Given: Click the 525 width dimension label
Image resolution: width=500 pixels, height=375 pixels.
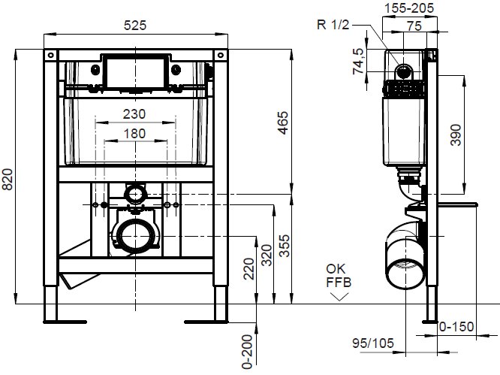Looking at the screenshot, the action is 135,26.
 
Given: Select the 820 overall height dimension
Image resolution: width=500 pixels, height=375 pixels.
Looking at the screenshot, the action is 8,180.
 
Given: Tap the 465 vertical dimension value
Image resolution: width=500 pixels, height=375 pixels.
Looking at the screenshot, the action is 283,123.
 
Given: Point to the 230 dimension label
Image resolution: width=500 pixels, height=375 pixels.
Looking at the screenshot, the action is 134,114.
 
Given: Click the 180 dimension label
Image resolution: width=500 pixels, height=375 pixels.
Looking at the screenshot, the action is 134,134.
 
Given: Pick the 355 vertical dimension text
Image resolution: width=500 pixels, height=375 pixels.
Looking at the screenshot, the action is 285,246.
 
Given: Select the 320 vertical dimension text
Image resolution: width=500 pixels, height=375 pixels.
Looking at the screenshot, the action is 267,256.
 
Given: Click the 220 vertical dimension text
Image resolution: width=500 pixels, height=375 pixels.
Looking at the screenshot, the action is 249,269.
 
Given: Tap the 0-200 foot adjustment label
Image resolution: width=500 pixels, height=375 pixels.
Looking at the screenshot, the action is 248,352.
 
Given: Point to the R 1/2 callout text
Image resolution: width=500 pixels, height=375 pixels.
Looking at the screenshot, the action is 333,25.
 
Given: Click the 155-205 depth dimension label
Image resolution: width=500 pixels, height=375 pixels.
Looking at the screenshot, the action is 409,8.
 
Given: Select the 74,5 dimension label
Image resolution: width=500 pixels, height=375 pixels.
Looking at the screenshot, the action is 359,62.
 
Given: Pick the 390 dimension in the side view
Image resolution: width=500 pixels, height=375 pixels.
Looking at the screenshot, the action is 456,135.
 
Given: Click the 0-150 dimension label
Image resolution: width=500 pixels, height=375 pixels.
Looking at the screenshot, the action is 456,327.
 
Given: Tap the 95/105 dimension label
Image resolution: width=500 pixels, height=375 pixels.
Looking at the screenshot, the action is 373,343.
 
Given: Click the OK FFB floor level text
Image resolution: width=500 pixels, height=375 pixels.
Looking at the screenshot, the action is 339,275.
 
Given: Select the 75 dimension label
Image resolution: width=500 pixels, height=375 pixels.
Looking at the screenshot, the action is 414,26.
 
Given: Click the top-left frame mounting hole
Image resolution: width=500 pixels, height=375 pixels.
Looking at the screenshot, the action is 51,55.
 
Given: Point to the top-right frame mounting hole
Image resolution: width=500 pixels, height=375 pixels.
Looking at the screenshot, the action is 220,55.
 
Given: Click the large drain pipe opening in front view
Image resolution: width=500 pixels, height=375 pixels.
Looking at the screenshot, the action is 136,237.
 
